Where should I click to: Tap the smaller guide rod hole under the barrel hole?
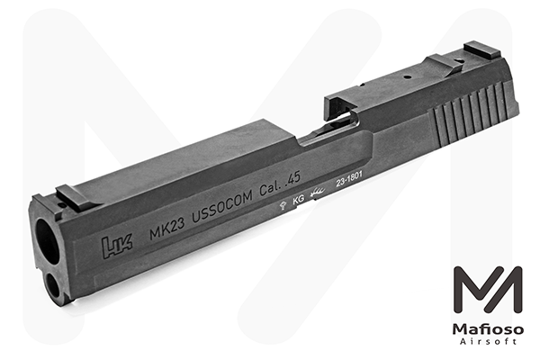(56, 287)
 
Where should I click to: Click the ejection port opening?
(333, 126)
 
